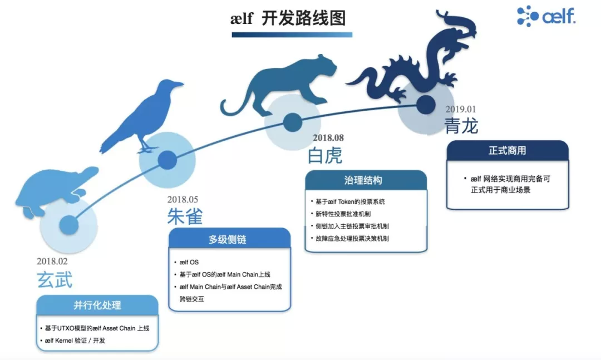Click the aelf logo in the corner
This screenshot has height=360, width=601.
546,16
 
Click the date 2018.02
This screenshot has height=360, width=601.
52,262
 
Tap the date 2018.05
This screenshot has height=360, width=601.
183,199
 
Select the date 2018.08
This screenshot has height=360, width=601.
328,137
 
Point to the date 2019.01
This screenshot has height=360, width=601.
460,109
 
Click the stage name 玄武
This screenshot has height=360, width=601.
55,280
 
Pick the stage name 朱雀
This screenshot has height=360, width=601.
185,216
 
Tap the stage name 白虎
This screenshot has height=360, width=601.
324,156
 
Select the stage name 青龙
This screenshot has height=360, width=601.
461,126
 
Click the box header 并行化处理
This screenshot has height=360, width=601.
97,305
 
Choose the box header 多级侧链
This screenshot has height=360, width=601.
228,240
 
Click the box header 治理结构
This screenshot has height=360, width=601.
363,180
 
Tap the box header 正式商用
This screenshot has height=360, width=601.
508,150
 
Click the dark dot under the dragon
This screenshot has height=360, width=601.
426,105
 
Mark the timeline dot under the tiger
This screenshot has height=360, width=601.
293,122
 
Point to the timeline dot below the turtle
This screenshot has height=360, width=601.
69,225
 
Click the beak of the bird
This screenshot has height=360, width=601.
179,83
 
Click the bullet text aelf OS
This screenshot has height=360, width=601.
189,262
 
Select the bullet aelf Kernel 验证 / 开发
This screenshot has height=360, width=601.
75,341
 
